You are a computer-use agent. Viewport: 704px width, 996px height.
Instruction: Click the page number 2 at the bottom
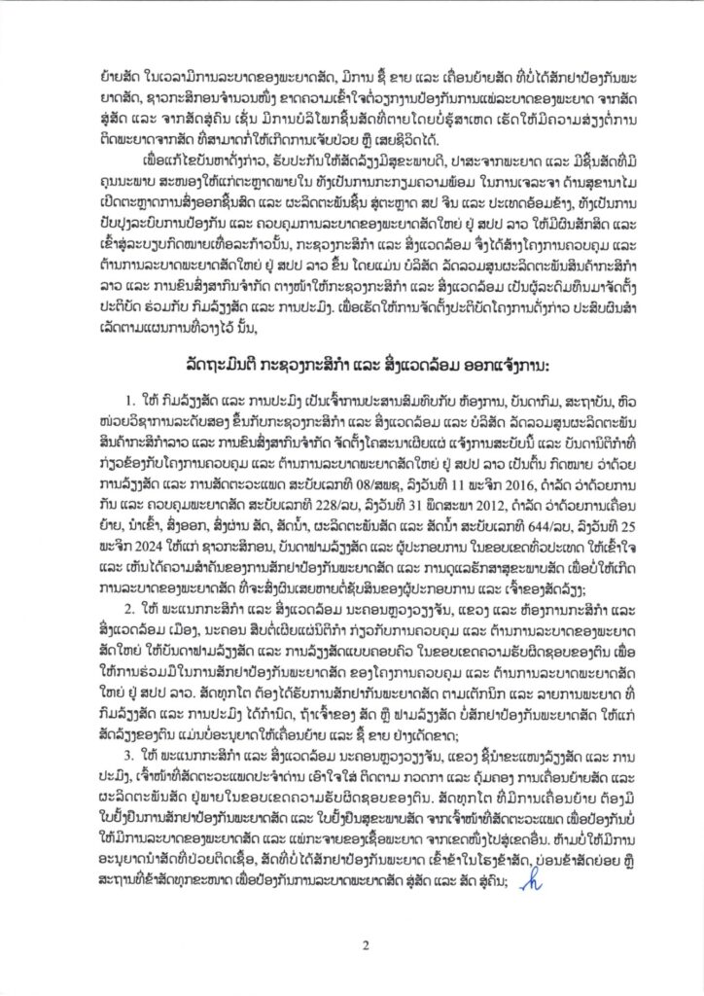[352, 943]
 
